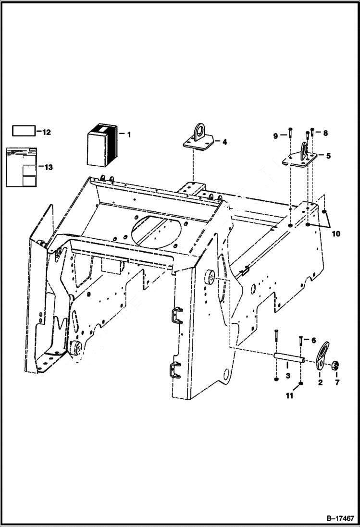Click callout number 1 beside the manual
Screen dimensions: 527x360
[129, 135]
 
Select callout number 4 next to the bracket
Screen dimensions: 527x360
[224, 142]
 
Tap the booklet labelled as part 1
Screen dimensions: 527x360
[102, 145]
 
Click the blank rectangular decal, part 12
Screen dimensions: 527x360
[24, 131]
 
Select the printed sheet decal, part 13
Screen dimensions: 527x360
[22, 167]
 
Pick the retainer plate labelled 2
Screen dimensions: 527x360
[323, 356]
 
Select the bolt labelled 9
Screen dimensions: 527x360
[291, 135]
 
